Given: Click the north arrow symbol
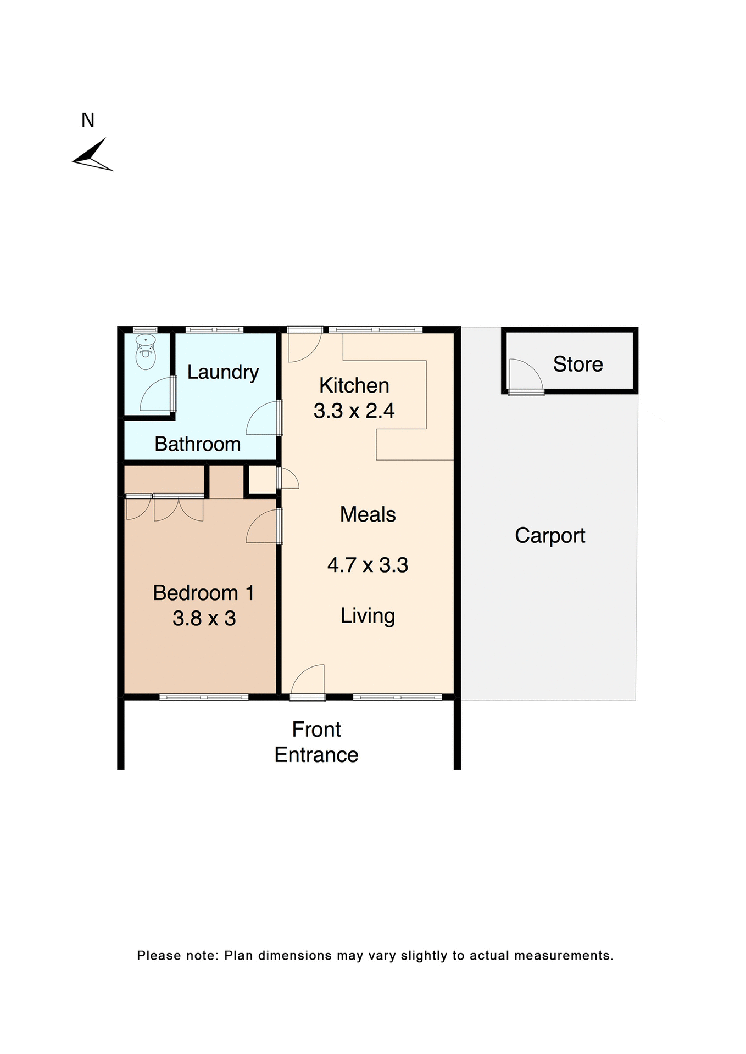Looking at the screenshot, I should coord(92,156).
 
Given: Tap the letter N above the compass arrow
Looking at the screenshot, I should coord(88,120).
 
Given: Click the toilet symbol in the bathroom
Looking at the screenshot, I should coord(146,352).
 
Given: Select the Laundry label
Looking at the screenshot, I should coord(222,372).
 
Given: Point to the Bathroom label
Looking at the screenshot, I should coord(197,444).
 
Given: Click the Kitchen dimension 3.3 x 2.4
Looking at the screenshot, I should coord(354,411).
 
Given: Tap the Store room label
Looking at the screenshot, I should coord(577,364).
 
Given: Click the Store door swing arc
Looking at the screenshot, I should coord(525,374).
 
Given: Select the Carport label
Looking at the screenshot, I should coord(550,535).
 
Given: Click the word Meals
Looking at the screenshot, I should coord(368,514).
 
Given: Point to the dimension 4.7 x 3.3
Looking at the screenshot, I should coord(368,565).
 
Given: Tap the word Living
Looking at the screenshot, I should coord(368,616).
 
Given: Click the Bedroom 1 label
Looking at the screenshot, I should coord(203,593).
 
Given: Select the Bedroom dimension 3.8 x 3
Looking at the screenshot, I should coord(204,618).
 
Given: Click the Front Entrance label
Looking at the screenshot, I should coord(316,742).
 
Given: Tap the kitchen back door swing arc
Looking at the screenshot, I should coord(304,346).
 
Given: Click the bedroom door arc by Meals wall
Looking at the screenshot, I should coord(263,527).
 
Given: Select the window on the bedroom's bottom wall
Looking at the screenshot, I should coord(204,697).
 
